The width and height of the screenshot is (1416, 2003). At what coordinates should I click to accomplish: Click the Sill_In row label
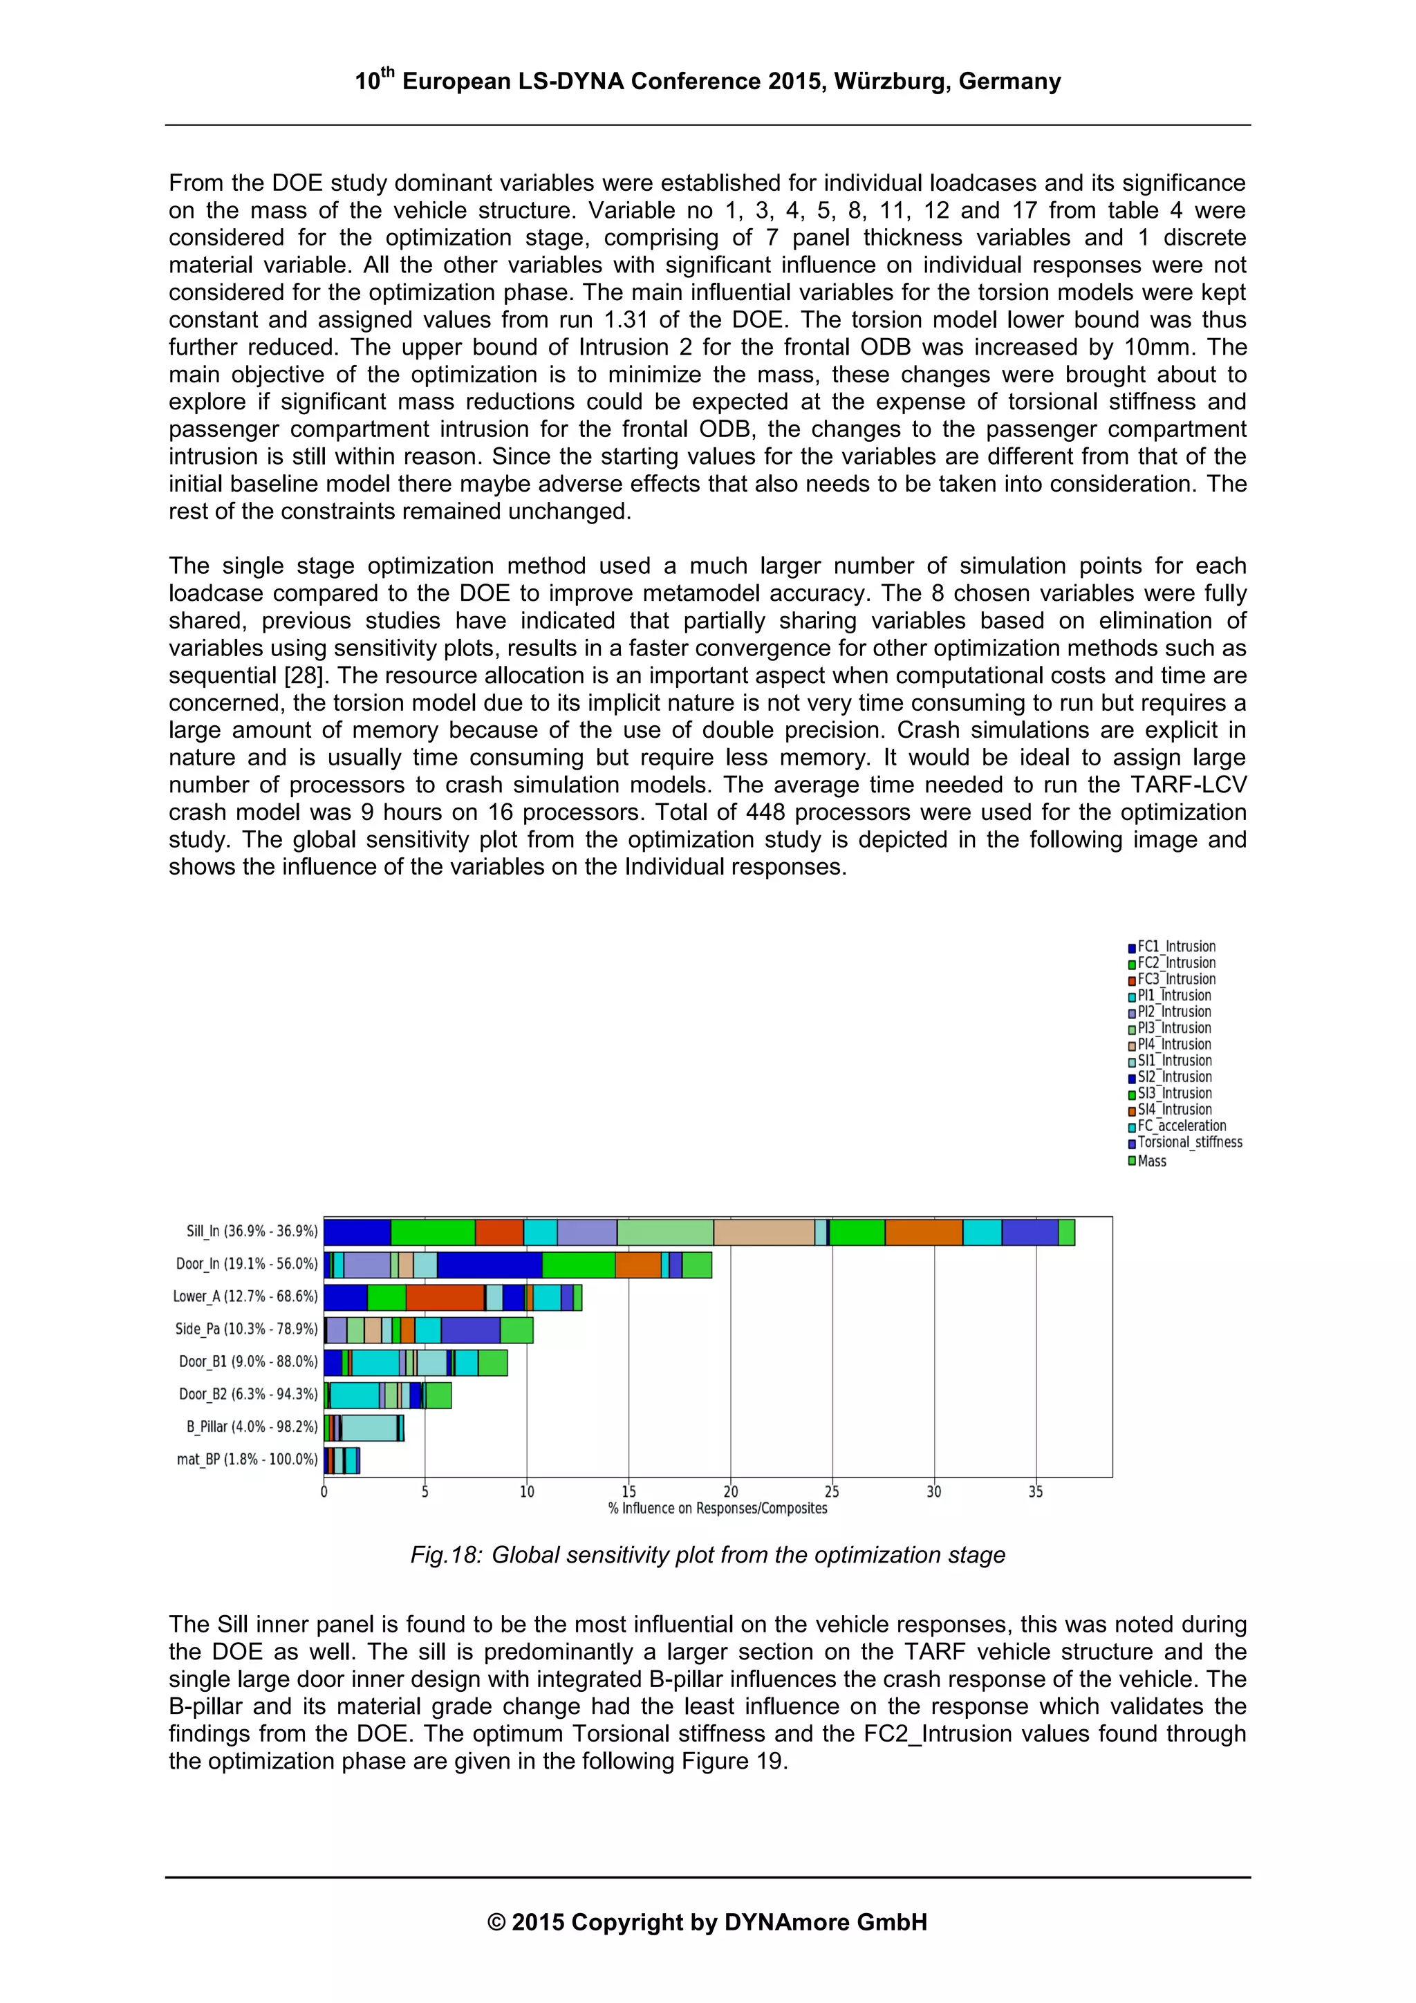[251, 1231]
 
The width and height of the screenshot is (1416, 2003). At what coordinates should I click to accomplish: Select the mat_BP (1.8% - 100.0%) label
[247, 1459]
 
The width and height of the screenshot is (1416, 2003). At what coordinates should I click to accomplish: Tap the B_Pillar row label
[251, 1426]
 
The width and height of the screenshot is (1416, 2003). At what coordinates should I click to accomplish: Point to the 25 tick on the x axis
[832, 1492]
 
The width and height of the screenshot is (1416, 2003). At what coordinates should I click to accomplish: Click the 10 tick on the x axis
[527, 1492]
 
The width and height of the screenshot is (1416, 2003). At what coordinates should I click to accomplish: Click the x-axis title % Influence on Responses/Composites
[717, 1509]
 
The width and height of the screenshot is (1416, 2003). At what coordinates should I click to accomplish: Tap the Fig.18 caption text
[707, 1556]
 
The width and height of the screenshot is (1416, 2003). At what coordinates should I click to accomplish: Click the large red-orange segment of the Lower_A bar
[445, 1297]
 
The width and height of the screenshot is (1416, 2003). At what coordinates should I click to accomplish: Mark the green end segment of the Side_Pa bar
[516, 1330]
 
